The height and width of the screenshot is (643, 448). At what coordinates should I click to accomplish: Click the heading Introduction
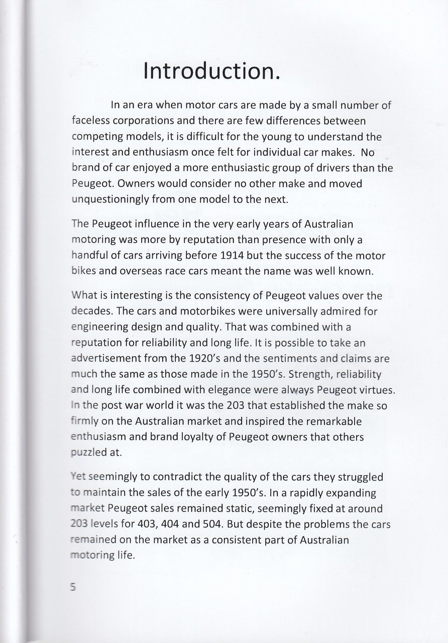pyautogui.click(x=211, y=71)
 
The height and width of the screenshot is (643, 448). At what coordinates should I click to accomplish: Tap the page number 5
pyautogui.click(x=73, y=587)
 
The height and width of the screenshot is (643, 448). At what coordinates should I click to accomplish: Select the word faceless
pyautogui.click(x=91, y=121)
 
